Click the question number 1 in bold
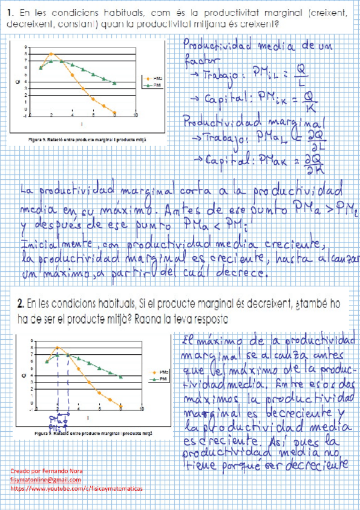pos(13,11)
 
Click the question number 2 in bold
pos(20,303)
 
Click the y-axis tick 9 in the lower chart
pos(25,341)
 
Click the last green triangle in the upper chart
pos(115,83)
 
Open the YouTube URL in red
pos(77,490)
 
